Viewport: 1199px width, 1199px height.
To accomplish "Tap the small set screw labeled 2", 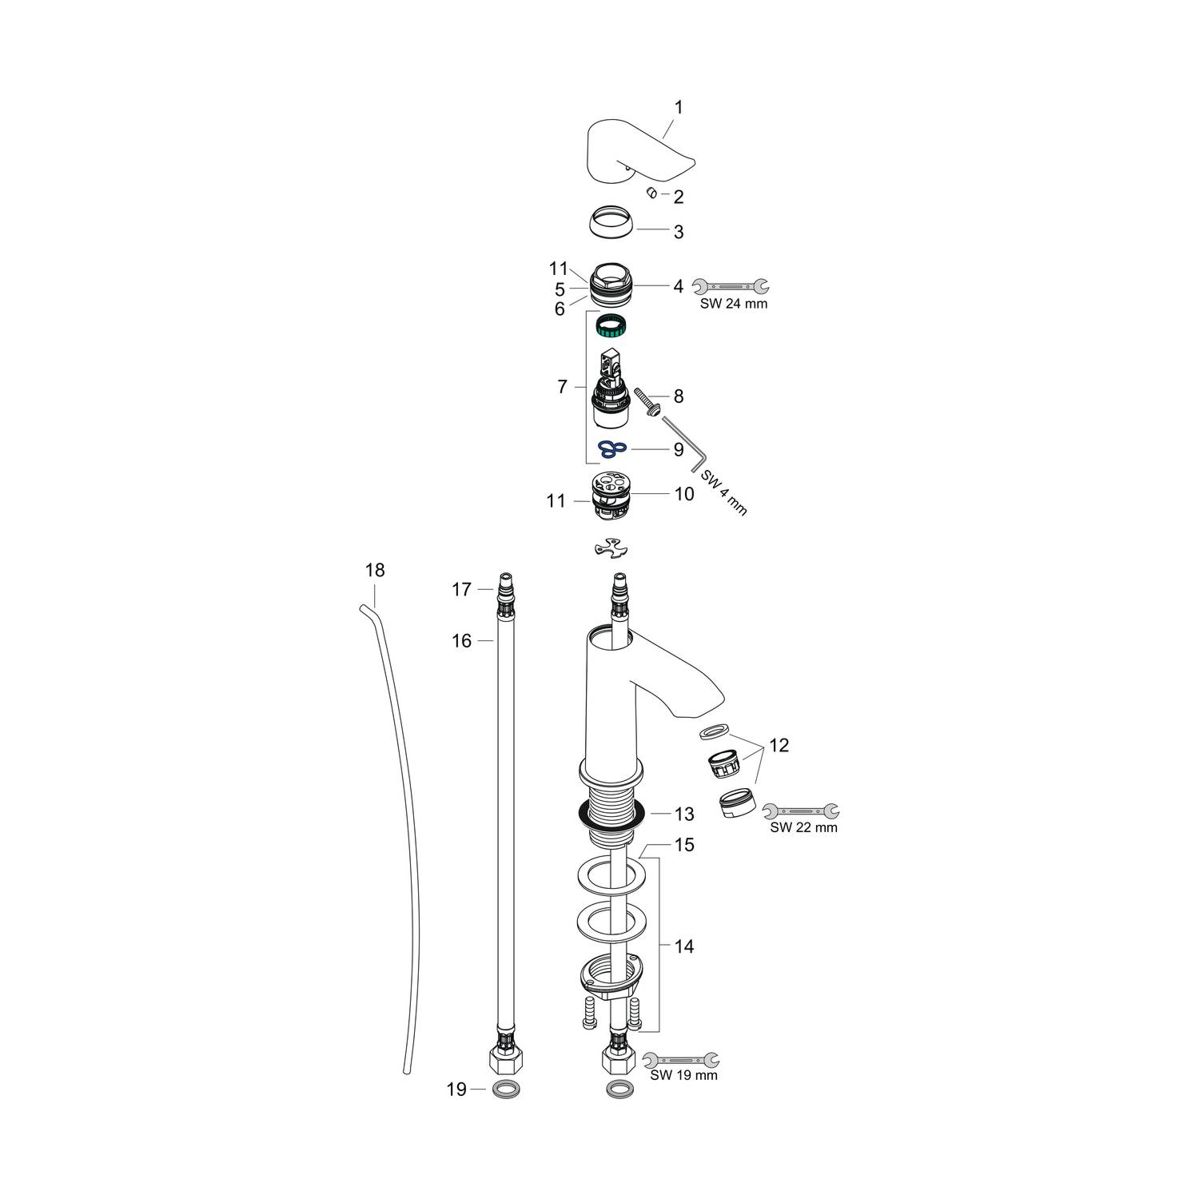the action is (x=651, y=192).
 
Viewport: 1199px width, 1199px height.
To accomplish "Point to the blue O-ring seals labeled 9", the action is (x=613, y=449).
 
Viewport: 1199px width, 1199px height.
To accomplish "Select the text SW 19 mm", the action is (x=683, y=1075).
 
